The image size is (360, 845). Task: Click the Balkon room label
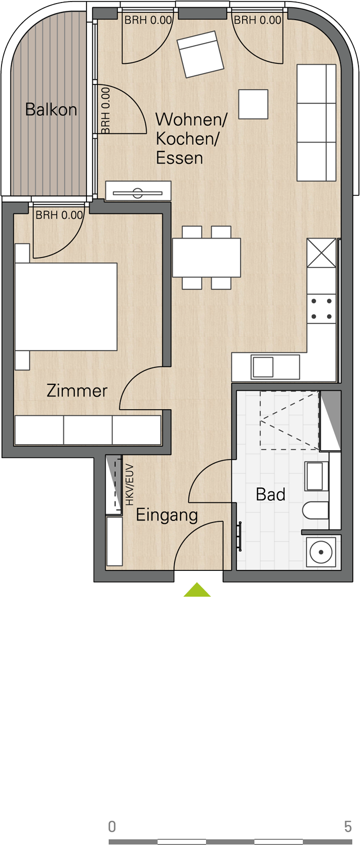pyautogui.click(x=51, y=110)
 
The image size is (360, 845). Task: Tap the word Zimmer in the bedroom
pyautogui.click(x=77, y=391)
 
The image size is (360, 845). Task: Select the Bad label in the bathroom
pyautogui.click(x=270, y=494)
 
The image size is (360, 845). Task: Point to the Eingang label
pyautogui.click(x=167, y=515)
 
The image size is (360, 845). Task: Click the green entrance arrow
pyautogui.click(x=197, y=589)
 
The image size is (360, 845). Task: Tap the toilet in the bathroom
pyautogui.click(x=316, y=511)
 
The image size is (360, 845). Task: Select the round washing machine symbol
pyautogui.click(x=321, y=552)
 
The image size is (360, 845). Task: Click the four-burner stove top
pyautogui.click(x=321, y=309)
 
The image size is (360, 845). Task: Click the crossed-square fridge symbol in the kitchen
pyautogui.click(x=321, y=253)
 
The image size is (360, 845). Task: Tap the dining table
pyautogui.click(x=207, y=258)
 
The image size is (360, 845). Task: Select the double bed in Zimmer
pyautogui.click(x=66, y=307)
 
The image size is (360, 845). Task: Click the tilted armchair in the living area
pyautogui.click(x=200, y=54)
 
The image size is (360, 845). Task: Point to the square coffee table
pyautogui.click(x=253, y=104)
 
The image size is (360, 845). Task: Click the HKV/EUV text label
pyautogui.click(x=129, y=485)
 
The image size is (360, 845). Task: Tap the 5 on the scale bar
pyautogui.click(x=348, y=826)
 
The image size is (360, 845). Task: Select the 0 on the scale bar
pyautogui.click(x=112, y=826)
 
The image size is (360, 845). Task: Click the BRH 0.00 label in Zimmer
pyautogui.click(x=59, y=215)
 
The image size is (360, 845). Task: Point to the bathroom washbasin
pyautogui.click(x=315, y=476)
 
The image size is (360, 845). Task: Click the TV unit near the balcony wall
pyautogui.click(x=138, y=191)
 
